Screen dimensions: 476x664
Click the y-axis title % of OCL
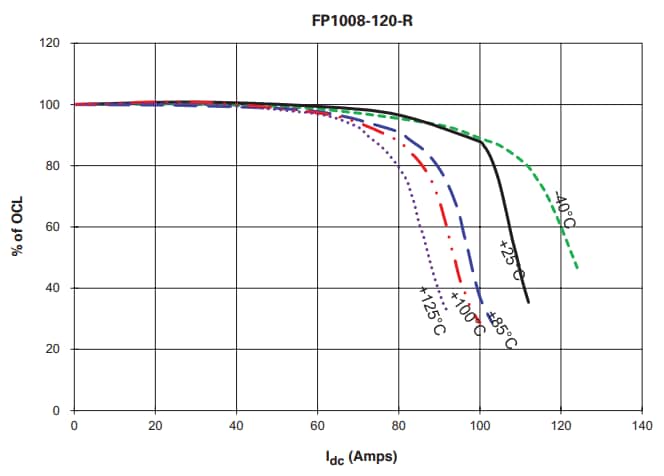coord(18,227)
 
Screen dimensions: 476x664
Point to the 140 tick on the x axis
coord(642,426)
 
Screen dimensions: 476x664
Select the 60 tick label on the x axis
coord(317,426)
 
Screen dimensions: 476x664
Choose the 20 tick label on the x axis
coord(155,426)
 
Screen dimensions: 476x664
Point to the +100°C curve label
coord(467,313)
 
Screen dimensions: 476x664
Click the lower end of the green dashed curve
coord(578,269)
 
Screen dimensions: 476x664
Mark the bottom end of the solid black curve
coord(528,302)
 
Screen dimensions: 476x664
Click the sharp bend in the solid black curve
coord(481,142)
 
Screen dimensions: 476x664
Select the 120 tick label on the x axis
coord(561,426)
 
